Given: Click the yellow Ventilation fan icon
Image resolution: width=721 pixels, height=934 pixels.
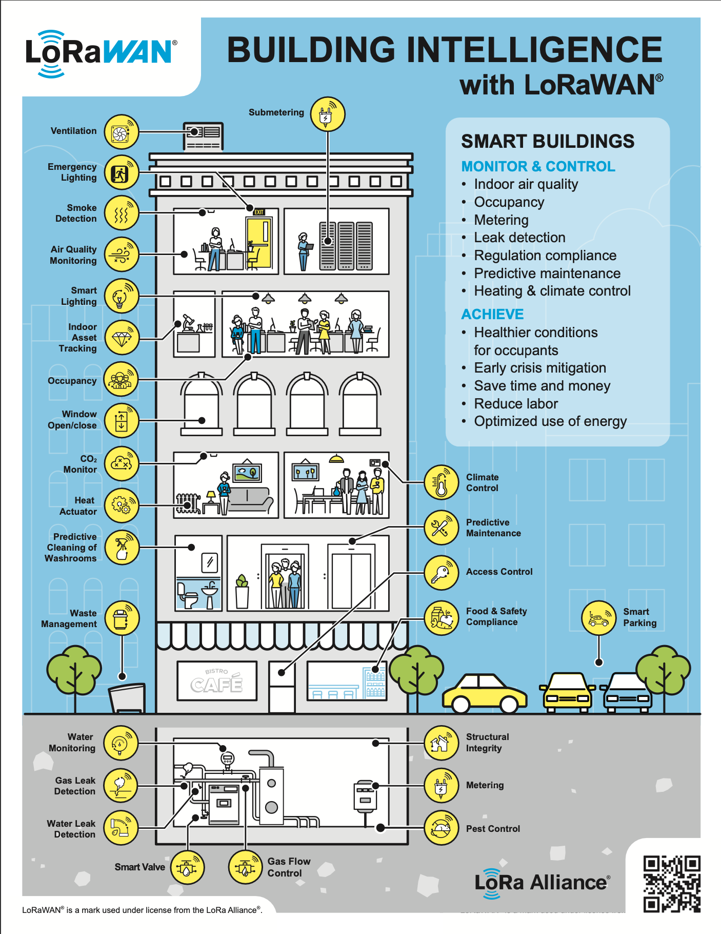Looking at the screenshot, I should click(122, 132).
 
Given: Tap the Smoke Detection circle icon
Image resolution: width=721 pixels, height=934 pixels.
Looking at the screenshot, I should click(122, 213).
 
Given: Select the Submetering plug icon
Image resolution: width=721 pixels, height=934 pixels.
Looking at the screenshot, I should click(328, 114).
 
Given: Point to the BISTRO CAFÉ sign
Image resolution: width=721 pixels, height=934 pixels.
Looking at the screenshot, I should click(217, 681).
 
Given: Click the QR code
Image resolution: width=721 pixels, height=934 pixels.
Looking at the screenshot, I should click(672, 883).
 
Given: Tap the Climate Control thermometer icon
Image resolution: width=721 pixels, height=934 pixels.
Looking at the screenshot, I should click(442, 483).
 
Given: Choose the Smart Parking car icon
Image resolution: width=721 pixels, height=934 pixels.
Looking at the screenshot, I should click(598, 618).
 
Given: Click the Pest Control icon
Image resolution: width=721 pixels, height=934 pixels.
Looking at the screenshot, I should click(442, 828).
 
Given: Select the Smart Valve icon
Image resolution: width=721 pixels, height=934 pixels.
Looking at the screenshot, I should click(187, 867).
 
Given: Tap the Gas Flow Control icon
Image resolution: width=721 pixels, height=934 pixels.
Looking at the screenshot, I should click(245, 867).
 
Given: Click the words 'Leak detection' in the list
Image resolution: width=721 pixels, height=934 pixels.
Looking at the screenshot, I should click(519, 238).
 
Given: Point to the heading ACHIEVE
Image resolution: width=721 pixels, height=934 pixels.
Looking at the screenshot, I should click(492, 314).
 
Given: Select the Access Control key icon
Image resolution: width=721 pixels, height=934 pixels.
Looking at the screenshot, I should click(442, 572).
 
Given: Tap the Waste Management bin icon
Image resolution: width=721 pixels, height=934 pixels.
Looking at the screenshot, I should click(122, 618).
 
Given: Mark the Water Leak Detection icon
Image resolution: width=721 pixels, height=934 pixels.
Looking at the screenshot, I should click(121, 828).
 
